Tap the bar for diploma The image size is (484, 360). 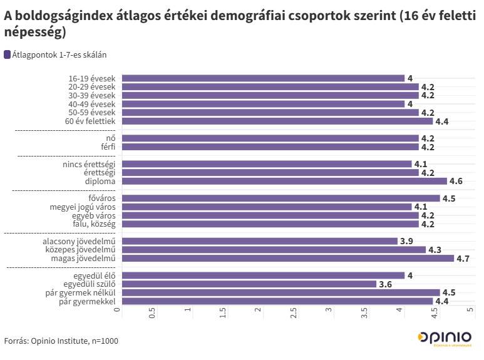pos(282,181)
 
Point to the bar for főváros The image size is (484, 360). pos(279,198)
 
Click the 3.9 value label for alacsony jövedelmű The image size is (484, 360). pos(406,241)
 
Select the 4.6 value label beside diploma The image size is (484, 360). pos(456,181)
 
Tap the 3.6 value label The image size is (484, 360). pos(385,284)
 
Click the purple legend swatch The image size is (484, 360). pos(7,54)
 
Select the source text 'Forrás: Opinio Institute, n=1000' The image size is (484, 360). pos(61,341)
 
